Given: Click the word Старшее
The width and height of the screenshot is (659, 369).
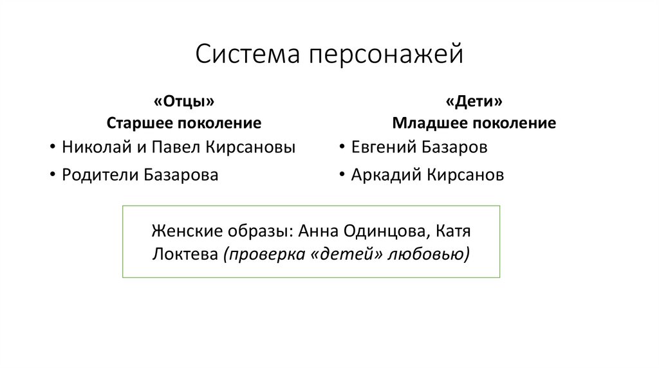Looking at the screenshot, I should (x=136, y=123).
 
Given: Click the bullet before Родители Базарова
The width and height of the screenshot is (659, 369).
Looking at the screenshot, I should (x=51, y=175).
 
